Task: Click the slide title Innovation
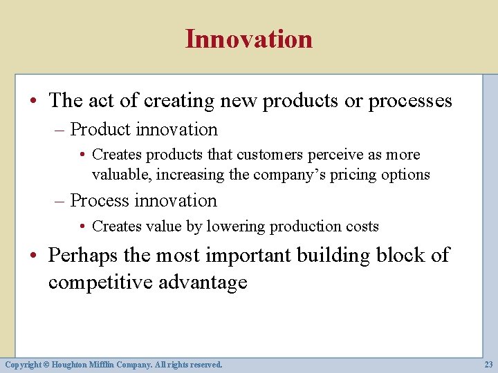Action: point(248,39)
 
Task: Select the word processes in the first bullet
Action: point(410,101)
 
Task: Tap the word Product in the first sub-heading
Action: point(100,130)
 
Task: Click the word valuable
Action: point(122,175)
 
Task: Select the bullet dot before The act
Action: point(35,102)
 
